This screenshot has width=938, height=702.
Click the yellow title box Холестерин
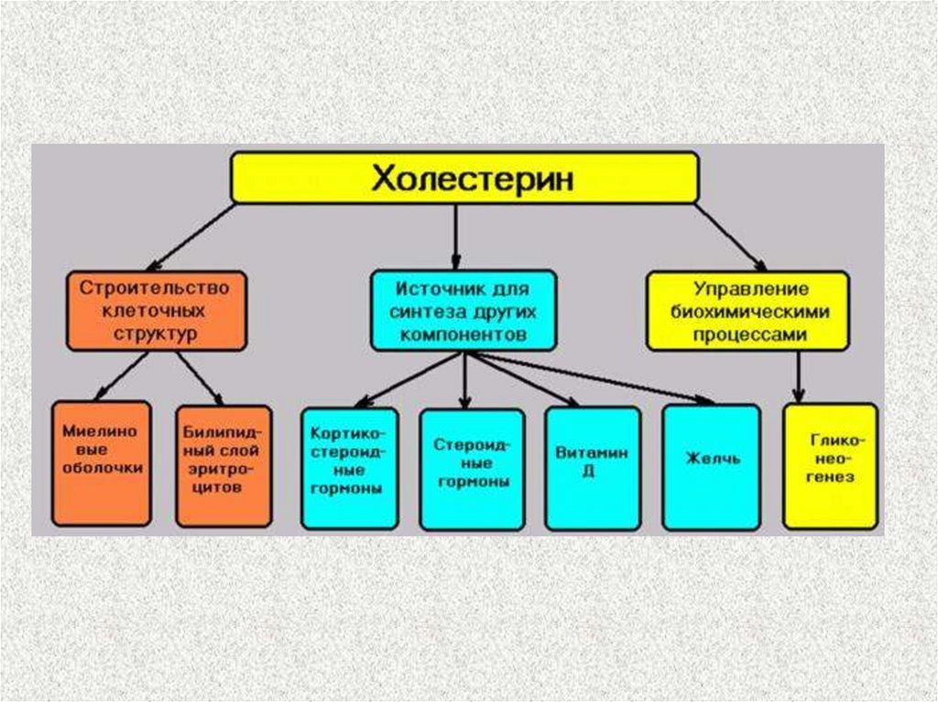pyautogui.click(x=464, y=178)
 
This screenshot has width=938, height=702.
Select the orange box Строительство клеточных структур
pyautogui.click(x=156, y=310)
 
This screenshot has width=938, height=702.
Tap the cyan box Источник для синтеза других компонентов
pyautogui.click(x=463, y=310)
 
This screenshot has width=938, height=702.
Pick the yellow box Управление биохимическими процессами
pyautogui.click(x=747, y=311)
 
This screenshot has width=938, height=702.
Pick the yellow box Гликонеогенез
pyautogui.click(x=830, y=467)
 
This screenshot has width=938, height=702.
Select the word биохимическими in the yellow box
pyautogui.click(x=747, y=311)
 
